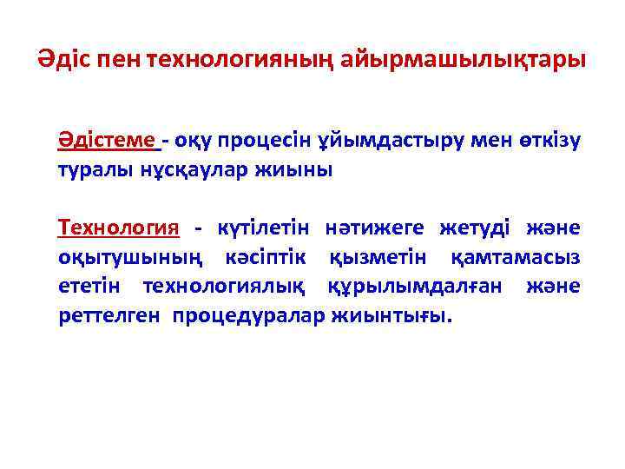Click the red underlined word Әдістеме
[108, 140]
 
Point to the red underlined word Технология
[118, 228]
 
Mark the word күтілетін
[265, 228]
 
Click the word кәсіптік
[266, 258]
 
